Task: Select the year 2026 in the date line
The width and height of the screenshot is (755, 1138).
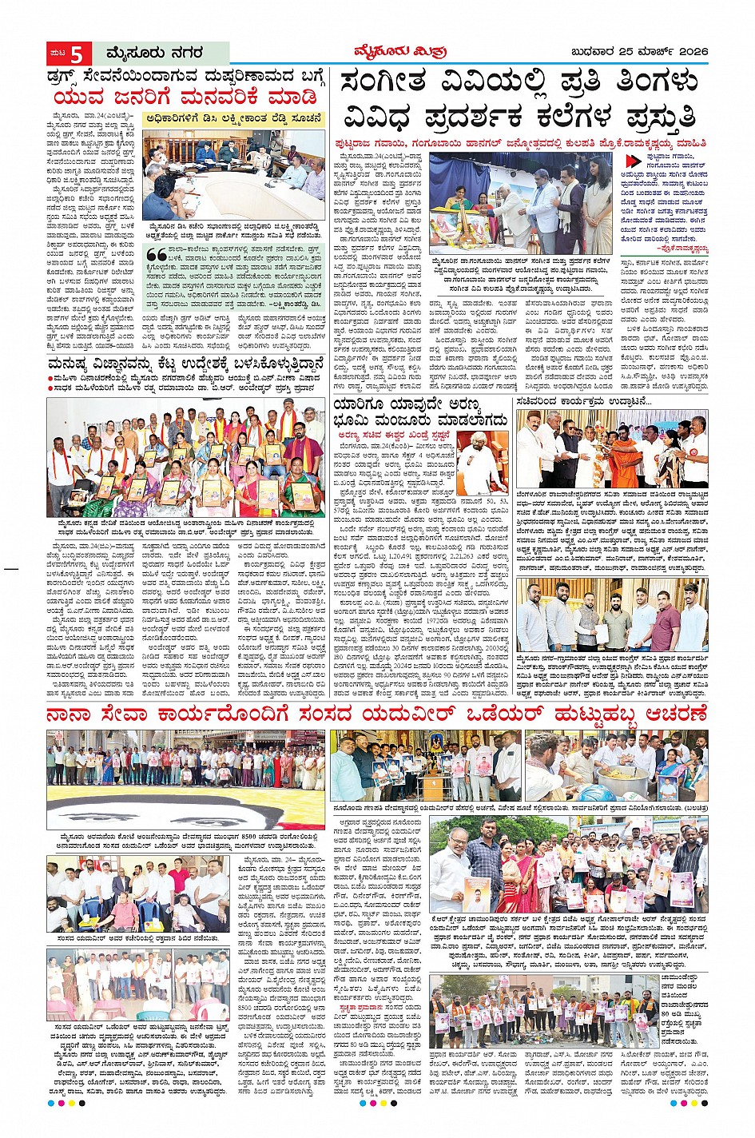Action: (689, 53)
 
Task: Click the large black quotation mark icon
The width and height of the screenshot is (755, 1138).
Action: (150, 250)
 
